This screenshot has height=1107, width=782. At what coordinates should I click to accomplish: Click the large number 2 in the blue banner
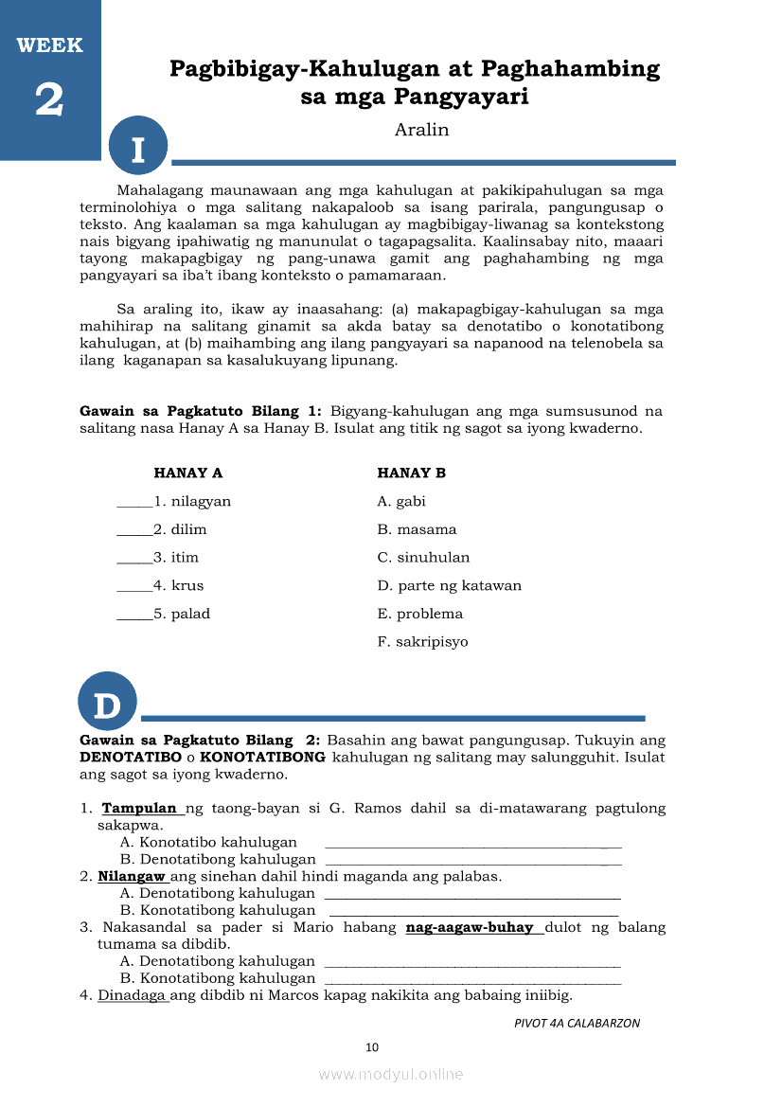(x=49, y=99)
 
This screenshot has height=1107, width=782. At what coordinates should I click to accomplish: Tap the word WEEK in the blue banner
(x=49, y=45)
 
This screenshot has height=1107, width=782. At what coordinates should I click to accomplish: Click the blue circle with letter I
(x=138, y=149)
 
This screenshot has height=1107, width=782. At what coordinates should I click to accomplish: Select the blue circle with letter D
(x=108, y=703)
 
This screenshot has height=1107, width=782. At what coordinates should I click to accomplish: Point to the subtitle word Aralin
(x=421, y=130)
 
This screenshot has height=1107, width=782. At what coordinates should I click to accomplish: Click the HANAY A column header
(x=188, y=473)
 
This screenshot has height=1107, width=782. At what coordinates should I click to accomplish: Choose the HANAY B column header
(x=411, y=473)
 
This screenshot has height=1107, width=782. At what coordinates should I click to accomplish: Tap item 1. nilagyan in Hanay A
(x=192, y=501)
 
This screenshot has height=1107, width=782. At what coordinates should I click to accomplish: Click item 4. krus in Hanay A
(x=178, y=585)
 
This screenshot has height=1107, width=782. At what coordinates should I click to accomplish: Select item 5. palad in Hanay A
(x=182, y=614)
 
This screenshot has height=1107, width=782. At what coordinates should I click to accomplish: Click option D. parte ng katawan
(x=449, y=585)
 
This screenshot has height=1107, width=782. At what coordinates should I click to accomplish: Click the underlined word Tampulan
(x=139, y=809)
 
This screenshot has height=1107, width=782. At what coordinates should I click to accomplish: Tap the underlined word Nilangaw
(x=132, y=876)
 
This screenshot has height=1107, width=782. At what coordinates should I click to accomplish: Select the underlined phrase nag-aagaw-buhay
(x=470, y=927)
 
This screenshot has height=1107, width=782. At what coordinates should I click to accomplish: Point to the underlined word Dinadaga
(x=132, y=995)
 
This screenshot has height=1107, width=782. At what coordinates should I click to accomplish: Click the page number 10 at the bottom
(x=372, y=1046)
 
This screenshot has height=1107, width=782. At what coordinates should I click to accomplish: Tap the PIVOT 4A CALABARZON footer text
(x=577, y=1023)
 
